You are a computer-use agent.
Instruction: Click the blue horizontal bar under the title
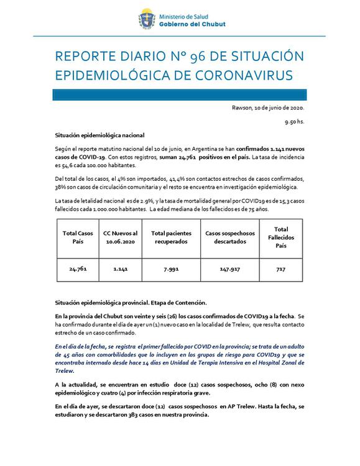point(180,95)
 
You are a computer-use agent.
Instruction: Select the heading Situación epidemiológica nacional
point(99,135)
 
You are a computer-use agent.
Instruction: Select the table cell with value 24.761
point(77,271)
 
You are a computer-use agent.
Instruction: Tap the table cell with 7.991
point(169,271)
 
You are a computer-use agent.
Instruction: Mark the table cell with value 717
point(280,271)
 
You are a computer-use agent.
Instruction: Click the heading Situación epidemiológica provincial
point(131,303)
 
